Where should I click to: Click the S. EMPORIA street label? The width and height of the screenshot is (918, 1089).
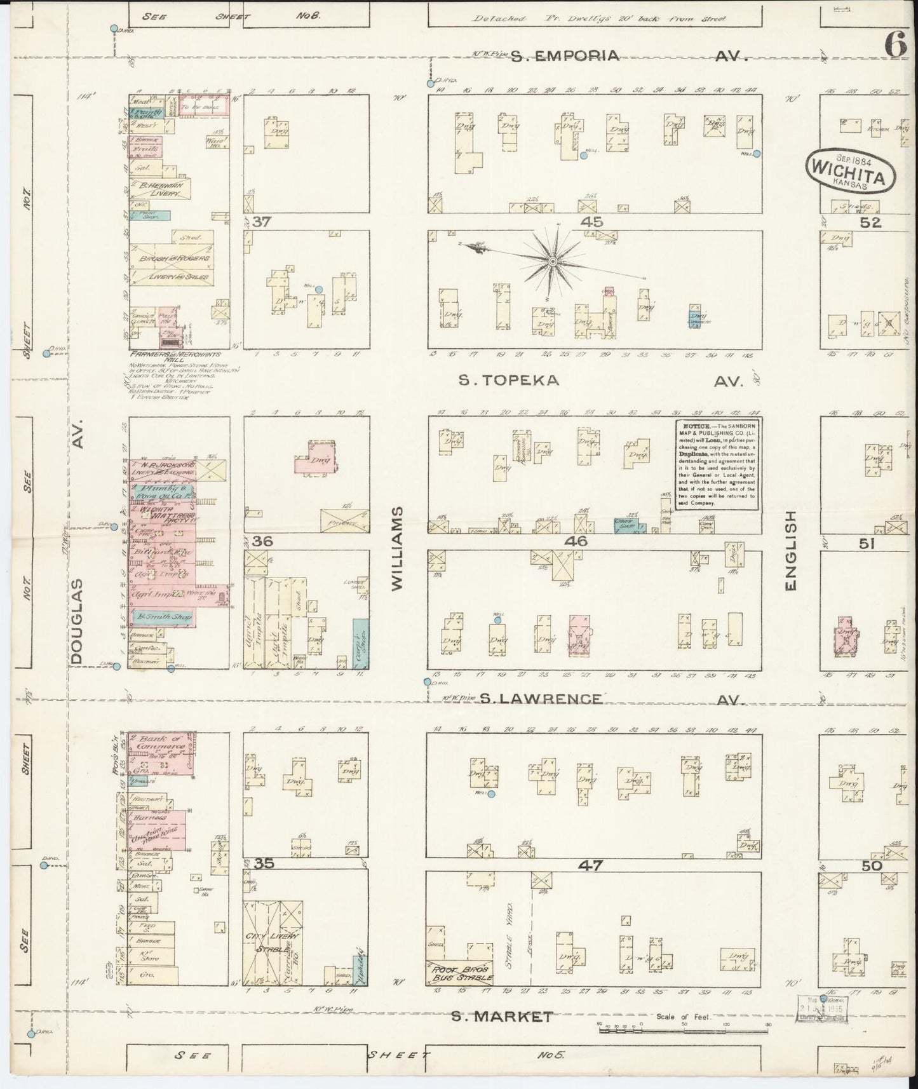pyautogui.click(x=565, y=56)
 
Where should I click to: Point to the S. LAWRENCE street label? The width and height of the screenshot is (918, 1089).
pyautogui.click(x=540, y=699)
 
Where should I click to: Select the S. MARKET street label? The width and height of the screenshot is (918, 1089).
pyautogui.click(x=502, y=1017)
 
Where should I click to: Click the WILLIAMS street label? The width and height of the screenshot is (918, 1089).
pyautogui.click(x=398, y=549)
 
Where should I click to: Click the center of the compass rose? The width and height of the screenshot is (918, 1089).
pyautogui.click(x=553, y=261)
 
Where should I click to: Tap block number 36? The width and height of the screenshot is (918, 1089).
pyautogui.click(x=262, y=541)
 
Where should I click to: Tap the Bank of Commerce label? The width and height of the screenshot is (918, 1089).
pyautogui.click(x=161, y=742)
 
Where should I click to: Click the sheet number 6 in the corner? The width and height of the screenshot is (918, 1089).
pyautogui.click(x=896, y=44)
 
